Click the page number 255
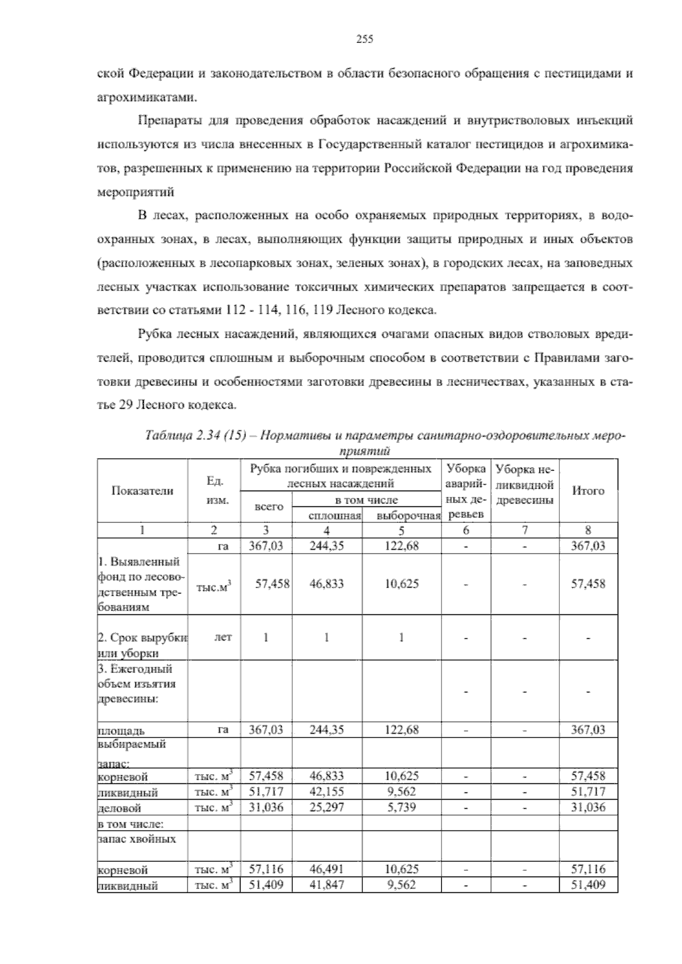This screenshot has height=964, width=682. [x=364, y=39]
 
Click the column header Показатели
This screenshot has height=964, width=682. [x=142, y=491]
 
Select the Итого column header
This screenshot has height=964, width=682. [x=588, y=491]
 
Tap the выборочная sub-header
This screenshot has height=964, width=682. [x=408, y=516]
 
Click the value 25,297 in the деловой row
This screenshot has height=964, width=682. [x=326, y=808]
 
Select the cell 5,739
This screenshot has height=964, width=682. [x=401, y=808]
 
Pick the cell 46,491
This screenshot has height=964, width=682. [x=326, y=869]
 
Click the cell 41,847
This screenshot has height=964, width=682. [x=326, y=885]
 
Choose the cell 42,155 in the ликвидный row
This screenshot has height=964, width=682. [x=326, y=792]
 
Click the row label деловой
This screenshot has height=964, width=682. [x=119, y=808]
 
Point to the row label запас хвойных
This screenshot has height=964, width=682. [x=136, y=839]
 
